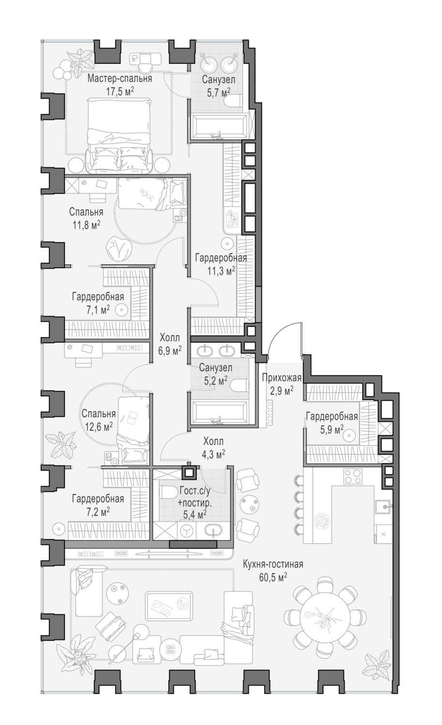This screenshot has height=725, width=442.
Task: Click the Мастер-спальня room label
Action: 120,78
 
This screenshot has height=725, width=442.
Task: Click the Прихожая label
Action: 281,378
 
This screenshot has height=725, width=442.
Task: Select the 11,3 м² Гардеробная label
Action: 221,258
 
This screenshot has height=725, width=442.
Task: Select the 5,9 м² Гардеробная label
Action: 332,417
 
